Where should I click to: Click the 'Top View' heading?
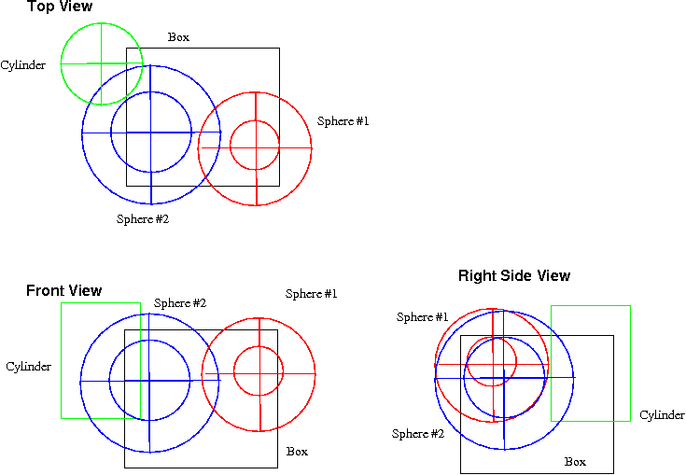pyautogui.click(x=60, y=7)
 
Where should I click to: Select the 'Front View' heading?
pyautogui.click(x=63, y=291)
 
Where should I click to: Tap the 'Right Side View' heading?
pyautogui.click(x=513, y=276)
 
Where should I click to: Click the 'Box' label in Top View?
pyautogui.click(x=178, y=37)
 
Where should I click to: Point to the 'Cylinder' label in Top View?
pyautogui.click(x=22, y=65)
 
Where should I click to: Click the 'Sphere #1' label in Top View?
pyautogui.click(x=343, y=121)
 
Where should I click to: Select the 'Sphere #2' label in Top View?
pyautogui.click(x=142, y=219)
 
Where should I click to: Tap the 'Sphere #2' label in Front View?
pyautogui.click(x=179, y=303)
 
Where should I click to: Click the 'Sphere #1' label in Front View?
pyautogui.click(x=311, y=294)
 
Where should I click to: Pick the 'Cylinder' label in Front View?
pyautogui.click(x=28, y=367)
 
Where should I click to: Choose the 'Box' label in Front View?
pyautogui.click(x=297, y=452)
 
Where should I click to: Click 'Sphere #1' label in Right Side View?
pyautogui.click(x=422, y=317)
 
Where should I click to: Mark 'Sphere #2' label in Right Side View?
pyautogui.click(x=417, y=434)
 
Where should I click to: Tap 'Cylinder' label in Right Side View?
pyautogui.click(x=662, y=415)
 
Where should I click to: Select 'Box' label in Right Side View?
pyautogui.click(x=575, y=462)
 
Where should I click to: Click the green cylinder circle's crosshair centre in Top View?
pyautogui.click(x=102, y=63)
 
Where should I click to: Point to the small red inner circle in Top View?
pyautogui.click(x=255, y=146)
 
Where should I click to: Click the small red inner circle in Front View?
pyautogui.click(x=259, y=371)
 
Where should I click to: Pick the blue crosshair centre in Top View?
pyautogui.click(x=150, y=133)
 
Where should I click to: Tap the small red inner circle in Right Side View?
pyautogui.click(x=492, y=361)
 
